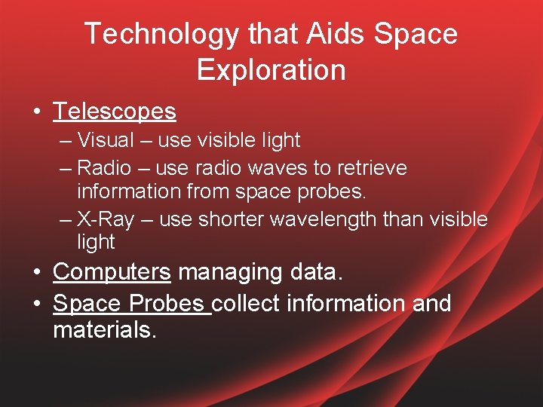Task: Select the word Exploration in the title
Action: tap(271, 70)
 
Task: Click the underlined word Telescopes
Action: tap(114, 112)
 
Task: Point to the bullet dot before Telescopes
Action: tap(36, 112)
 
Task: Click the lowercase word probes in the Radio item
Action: tap(331, 192)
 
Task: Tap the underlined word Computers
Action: tap(112, 271)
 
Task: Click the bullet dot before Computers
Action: tap(36, 272)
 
